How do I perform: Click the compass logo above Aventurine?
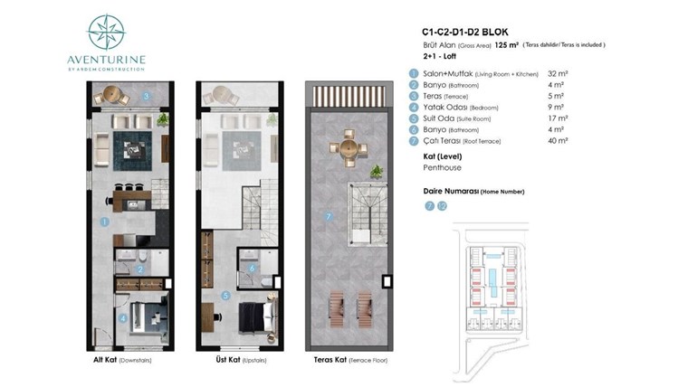coord(106,32)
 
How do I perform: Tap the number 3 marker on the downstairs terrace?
coord(147,96)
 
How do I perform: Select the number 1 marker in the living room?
coord(104,222)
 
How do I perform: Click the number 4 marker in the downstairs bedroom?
coord(123,318)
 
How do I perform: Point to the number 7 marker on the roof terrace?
coord(329,216)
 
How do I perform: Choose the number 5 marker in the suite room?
coord(225,296)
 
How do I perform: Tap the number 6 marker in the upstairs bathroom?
coord(252,269)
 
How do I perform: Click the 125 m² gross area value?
coord(506,44)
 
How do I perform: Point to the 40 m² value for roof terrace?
coord(558,141)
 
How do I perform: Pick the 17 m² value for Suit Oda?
coord(558,118)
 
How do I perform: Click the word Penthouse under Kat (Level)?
coord(442,167)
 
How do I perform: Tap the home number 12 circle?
coord(442,206)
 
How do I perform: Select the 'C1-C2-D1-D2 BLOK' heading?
coord(465,32)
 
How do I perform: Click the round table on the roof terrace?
coord(349,147)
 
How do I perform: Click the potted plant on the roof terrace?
coord(376,171)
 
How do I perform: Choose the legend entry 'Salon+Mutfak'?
coord(448,73)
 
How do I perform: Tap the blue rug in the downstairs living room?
coord(132,151)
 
